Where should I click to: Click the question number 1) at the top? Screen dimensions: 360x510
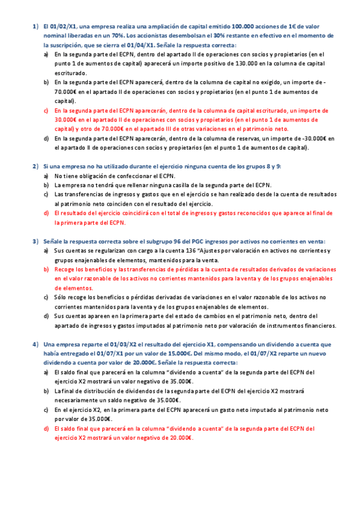35,26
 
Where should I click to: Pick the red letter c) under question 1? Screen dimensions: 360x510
46,111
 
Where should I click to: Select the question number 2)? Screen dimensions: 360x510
35,165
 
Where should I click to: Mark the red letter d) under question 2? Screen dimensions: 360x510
46,213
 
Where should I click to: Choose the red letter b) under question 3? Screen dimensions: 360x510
46,269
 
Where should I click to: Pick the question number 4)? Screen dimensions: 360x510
35,344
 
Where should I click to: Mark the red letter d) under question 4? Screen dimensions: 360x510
46,428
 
